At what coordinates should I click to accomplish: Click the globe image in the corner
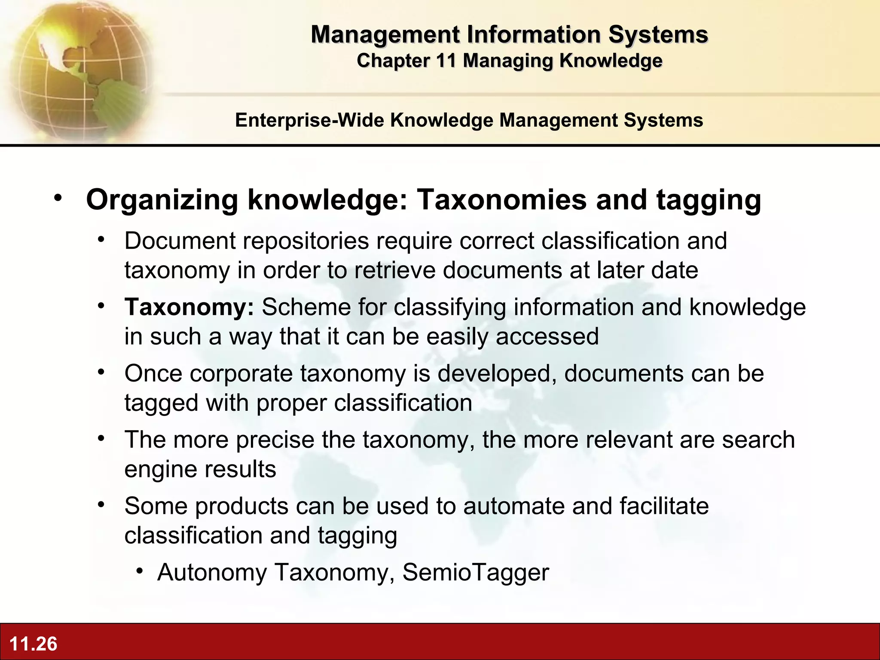[x=77, y=69]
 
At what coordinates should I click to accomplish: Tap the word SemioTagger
[x=475, y=573]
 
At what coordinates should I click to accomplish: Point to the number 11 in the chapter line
[x=446, y=61]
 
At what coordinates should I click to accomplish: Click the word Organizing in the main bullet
[x=162, y=200]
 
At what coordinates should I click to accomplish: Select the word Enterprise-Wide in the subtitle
[x=309, y=120]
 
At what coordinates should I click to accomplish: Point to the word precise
[x=275, y=440]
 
